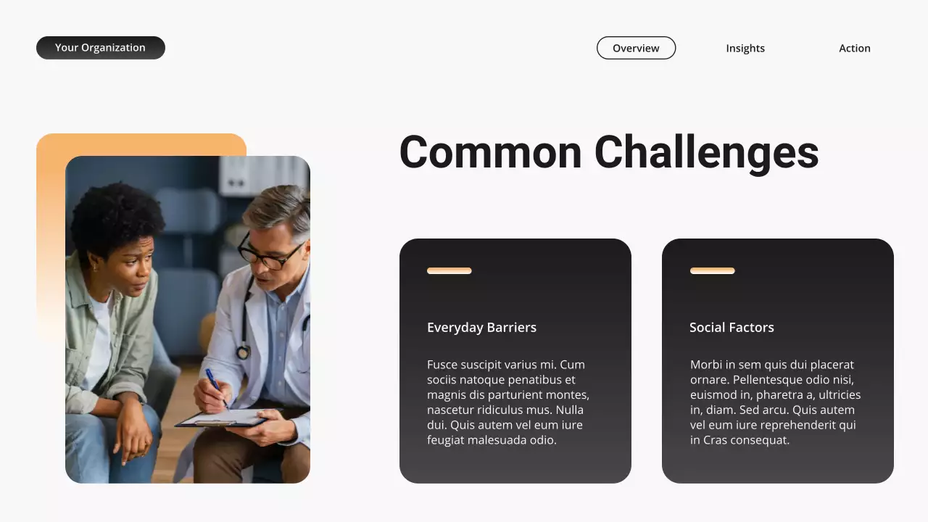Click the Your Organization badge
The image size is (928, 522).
[x=101, y=48]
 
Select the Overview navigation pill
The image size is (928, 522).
[x=636, y=48]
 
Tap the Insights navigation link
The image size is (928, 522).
[x=745, y=48]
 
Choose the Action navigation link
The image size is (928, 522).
[x=855, y=48]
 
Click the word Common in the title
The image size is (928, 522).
[x=491, y=152]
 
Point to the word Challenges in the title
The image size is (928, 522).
[x=706, y=154]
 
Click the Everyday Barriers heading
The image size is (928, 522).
[x=481, y=327]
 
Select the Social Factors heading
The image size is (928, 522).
[x=732, y=327]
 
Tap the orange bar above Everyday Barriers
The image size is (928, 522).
[x=449, y=270]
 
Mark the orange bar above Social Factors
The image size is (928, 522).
[x=712, y=270]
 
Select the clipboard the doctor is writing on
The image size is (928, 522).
[x=221, y=418]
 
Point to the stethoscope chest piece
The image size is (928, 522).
[x=243, y=352]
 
